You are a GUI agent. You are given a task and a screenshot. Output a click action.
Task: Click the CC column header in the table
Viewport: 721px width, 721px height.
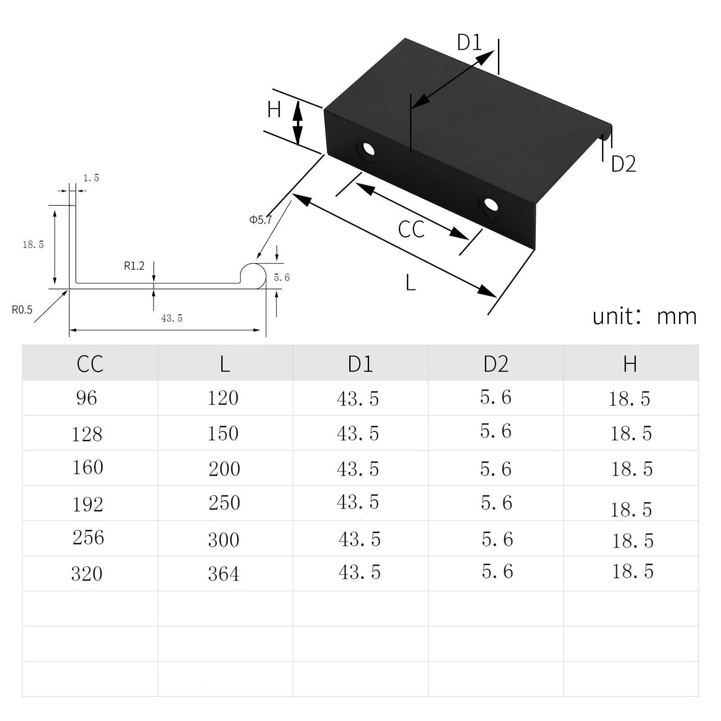click(x=90, y=364)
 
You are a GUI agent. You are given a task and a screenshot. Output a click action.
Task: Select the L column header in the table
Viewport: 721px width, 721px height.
click(x=225, y=364)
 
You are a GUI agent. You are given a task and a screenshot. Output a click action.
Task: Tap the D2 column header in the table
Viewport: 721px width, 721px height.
click(x=495, y=364)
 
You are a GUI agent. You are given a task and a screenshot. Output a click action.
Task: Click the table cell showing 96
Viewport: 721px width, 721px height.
click(x=86, y=398)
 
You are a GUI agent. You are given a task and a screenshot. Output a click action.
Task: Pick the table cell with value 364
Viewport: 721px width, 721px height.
click(x=224, y=574)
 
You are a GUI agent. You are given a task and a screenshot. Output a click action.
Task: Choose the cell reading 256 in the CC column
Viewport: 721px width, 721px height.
click(x=88, y=538)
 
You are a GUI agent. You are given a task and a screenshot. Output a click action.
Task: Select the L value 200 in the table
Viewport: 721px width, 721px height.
click(x=224, y=469)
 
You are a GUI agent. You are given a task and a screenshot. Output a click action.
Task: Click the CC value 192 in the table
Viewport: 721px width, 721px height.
click(x=88, y=504)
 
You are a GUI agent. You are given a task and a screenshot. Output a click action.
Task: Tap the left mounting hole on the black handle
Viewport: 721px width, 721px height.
click(x=368, y=149)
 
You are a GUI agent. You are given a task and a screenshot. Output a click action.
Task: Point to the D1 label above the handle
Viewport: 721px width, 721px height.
click(x=470, y=43)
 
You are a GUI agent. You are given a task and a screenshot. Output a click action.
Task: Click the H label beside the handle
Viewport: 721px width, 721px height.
click(x=274, y=110)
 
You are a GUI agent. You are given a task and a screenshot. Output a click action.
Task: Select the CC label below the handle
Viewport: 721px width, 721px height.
click(x=411, y=230)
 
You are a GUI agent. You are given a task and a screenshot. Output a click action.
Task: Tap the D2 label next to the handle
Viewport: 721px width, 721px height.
click(x=623, y=164)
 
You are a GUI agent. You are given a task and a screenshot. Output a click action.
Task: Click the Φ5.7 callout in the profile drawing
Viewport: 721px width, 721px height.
click(x=261, y=219)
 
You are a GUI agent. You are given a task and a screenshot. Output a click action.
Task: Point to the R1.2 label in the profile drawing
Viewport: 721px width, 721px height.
click(x=134, y=266)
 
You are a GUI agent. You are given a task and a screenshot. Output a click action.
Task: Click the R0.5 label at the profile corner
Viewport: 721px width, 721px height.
click(x=22, y=310)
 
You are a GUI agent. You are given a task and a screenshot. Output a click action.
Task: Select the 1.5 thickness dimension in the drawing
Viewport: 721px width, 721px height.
click(x=91, y=178)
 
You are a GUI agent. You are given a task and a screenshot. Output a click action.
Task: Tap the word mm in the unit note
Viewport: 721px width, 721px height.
click(x=677, y=316)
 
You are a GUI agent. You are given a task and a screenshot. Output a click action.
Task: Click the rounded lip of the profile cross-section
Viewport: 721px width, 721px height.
click(x=253, y=274)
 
